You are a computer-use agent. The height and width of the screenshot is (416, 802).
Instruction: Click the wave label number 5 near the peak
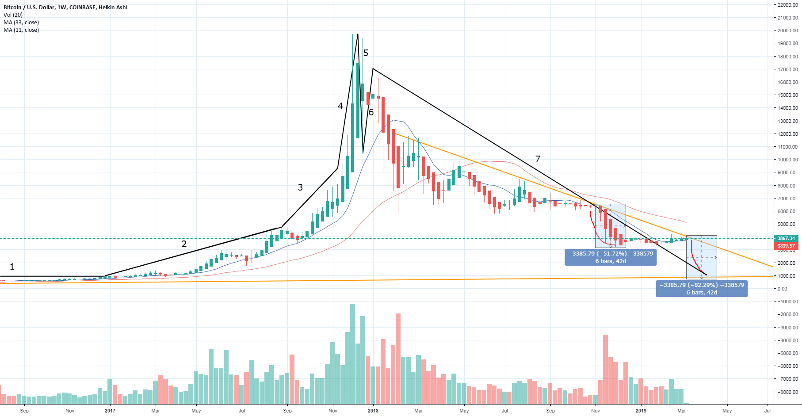tap(366, 53)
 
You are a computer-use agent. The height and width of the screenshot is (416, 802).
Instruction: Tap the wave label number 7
tap(538, 159)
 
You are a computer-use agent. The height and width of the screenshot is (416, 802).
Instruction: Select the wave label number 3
tap(300, 187)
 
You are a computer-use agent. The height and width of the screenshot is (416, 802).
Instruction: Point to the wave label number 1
tap(12, 267)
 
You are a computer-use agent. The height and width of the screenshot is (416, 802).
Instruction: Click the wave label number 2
tap(184, 244)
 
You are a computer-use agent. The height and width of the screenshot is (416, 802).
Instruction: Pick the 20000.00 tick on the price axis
tap(788, 31)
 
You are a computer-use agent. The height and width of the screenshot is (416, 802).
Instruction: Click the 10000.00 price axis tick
tap(788, 160)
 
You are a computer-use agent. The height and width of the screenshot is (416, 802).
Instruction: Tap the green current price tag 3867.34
tap(786, 238)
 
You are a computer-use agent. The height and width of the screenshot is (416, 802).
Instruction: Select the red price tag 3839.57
tap(786, 246)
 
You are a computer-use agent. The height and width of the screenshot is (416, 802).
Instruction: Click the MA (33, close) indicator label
tap(21, 23)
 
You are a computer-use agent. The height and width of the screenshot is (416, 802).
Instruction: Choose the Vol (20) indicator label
tap(13, 15)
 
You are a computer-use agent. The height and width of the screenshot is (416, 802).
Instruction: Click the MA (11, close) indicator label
tap(21, 30)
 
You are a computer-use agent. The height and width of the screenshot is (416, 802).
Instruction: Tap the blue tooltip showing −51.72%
tap(610, 257)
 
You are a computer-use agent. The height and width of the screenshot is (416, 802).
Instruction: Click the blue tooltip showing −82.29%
tap(702, 289)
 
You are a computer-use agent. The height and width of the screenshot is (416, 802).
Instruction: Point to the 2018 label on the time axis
tap(373, 411)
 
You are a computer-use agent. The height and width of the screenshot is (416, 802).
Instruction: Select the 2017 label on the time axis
tap(110, 411)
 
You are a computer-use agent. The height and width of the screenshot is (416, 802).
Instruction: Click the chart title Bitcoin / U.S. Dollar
tap(65, 7)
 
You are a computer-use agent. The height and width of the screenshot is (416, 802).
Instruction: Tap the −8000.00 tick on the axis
tap(788, 392)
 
